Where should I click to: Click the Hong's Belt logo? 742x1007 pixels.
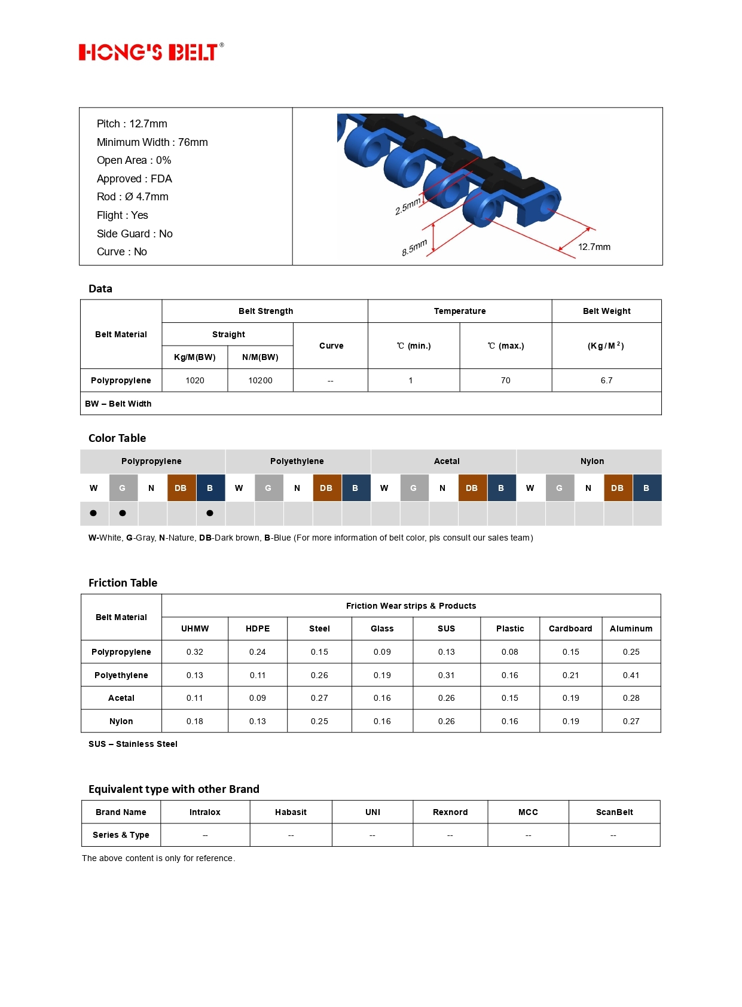151,52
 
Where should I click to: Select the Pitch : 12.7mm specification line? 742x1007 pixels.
132,124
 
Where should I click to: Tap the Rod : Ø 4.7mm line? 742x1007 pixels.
132,197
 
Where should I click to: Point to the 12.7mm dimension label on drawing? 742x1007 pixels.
594,247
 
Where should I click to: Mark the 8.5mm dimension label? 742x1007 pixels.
414,247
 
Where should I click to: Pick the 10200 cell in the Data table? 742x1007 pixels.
260,380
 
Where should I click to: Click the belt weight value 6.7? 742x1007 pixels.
606,380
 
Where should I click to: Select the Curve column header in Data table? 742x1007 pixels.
331,346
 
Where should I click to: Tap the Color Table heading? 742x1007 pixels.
117,438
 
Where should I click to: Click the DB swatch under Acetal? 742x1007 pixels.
472,488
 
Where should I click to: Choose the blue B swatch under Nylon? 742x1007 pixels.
646,488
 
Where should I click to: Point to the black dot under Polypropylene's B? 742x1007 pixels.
210,513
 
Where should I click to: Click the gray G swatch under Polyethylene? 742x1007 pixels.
268,488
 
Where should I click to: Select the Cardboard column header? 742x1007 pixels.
570,628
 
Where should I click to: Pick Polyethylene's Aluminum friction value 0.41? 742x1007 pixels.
631,675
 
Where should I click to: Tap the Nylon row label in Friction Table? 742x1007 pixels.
121,721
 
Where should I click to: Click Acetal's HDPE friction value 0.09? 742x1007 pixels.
257,698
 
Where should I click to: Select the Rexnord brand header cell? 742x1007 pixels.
450,812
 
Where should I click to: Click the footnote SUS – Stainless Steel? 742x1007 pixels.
133,744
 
